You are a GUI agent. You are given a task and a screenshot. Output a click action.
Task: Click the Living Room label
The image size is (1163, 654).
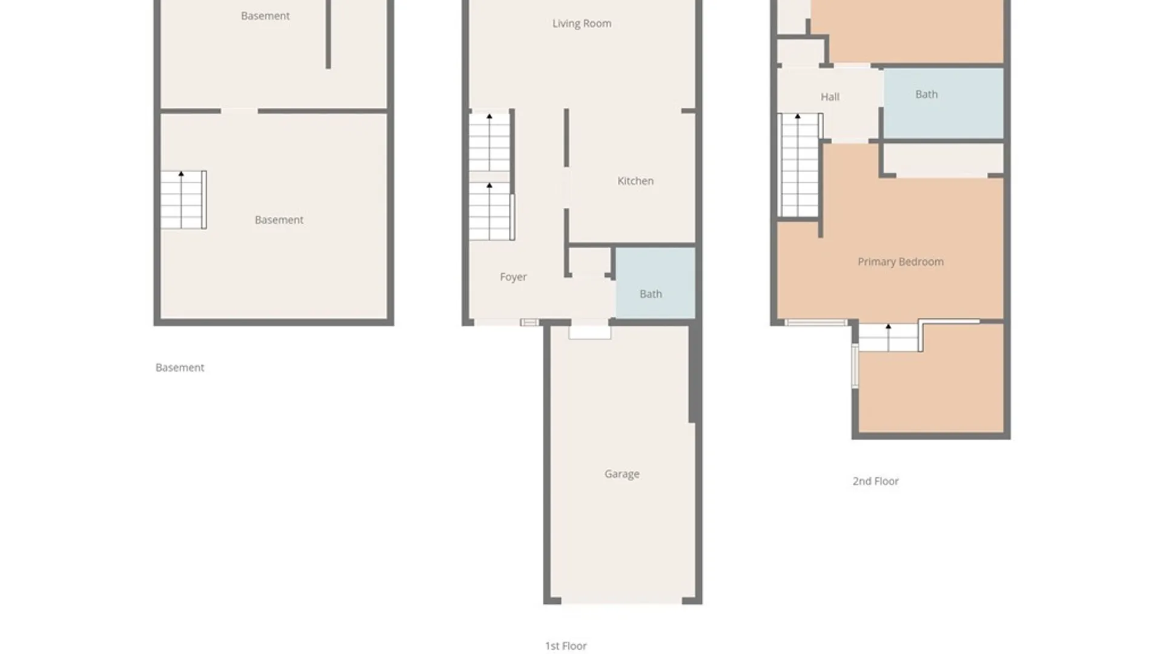click(x=581, y=24)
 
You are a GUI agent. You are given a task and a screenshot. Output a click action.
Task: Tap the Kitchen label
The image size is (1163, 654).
click(x=635, y=181)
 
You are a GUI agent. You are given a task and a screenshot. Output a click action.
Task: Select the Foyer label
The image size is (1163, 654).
click(x=513, y=277)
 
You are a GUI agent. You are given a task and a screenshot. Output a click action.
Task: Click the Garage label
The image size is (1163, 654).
click(x=621, y=474)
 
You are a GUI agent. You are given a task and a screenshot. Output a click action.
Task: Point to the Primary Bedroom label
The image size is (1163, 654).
click(x=900, y=262)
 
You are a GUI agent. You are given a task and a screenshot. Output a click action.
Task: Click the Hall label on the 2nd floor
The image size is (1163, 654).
click(x=829, y=97)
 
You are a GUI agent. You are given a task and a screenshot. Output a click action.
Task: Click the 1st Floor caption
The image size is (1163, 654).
click(x=566, y=646)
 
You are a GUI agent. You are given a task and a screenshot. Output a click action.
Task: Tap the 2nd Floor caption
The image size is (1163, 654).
click(x=875, y=481)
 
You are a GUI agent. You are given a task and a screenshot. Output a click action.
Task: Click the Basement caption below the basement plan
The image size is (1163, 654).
click(x=179, y=368)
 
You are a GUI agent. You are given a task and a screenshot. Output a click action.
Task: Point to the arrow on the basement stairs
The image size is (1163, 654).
click(x=181, y=174)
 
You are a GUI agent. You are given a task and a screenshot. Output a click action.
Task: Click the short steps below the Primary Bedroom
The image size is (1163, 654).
click(x=888, y=338)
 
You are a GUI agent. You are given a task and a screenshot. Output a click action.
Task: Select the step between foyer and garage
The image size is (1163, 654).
click(x=589, y=332)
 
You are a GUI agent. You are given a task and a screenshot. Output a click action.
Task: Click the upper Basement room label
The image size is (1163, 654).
click(x=265, y=16)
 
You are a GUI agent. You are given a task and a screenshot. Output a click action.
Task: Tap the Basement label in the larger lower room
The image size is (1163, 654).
click(x=279, y=220)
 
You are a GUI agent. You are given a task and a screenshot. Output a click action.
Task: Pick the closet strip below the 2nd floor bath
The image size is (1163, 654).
click(x=943, y=160)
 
